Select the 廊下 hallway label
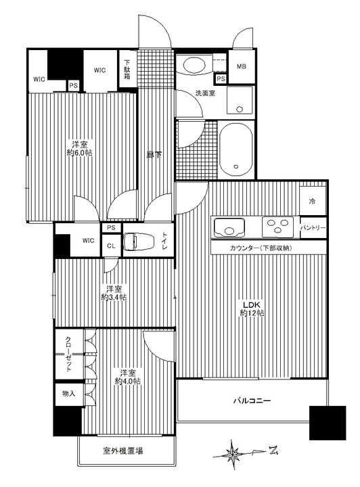(x=154, y=154)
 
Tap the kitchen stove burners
(x=277, y=225)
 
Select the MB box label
(x=241, y=66)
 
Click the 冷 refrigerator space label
(x=312, y=202)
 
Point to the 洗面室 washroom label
(x=206, y=93)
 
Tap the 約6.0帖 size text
(x=80, y=154)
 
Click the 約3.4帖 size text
(x=114, y=297)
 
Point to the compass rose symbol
(x=234, y=451)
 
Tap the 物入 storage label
(x=68, y=393)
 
